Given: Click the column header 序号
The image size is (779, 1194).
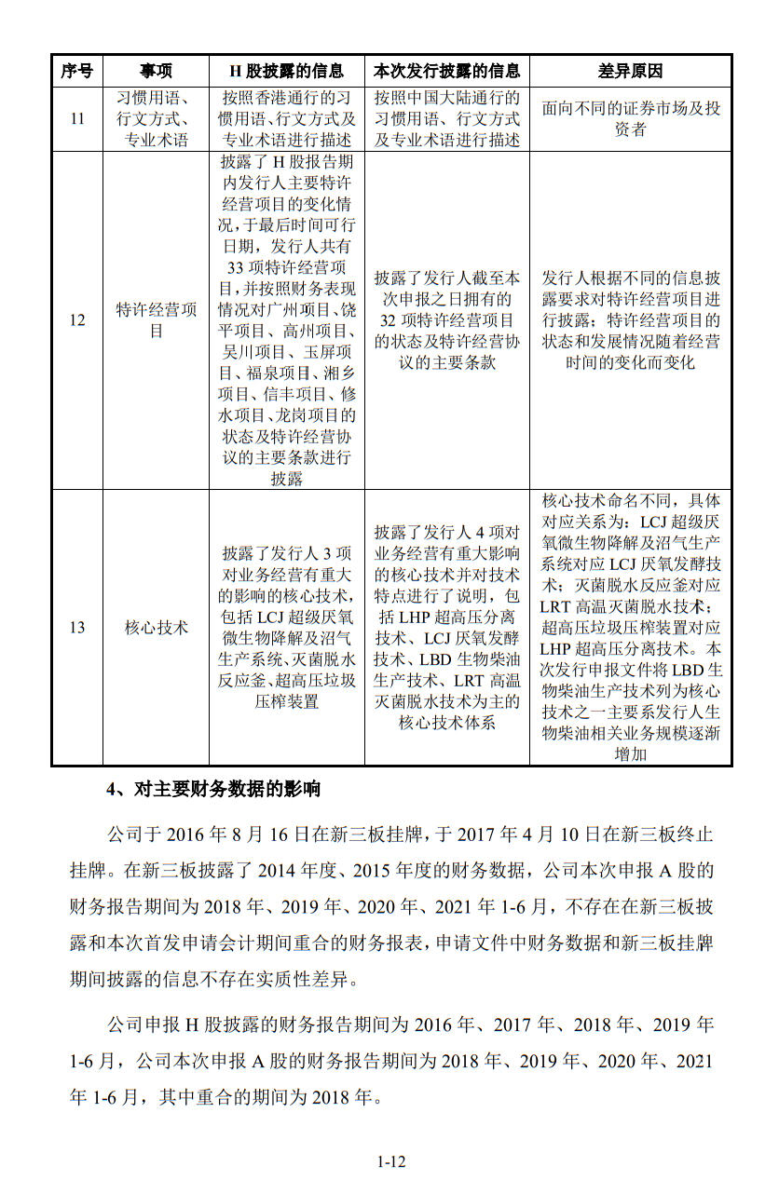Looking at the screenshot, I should coord(77,71).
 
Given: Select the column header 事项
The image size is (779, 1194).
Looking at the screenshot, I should coord(156,71).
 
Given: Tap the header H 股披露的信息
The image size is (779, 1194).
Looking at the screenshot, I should coord(286,71).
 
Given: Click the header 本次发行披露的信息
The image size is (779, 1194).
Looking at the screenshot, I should coord(446,71).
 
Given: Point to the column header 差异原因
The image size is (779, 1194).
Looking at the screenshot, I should coord(631,71).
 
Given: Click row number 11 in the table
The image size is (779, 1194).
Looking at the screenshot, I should coord(77,119).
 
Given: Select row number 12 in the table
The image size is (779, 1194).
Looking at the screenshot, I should coord(77,320).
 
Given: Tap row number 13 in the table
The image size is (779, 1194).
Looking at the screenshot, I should coord(77,628).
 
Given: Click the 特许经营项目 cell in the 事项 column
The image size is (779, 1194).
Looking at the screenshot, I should coord(156,320).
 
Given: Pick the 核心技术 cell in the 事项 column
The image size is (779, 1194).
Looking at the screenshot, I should coord(156,628).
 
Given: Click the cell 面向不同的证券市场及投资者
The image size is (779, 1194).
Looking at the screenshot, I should coord(631,119).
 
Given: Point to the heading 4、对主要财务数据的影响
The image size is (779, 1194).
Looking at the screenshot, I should coord(213,790).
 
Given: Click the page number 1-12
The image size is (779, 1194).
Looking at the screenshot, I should coord(390,1161).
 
